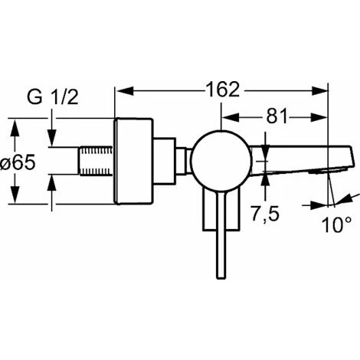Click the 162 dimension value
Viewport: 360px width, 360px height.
(223, 90)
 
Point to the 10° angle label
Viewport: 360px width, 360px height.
(336, 225)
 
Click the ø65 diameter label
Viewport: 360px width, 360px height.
(18, 162)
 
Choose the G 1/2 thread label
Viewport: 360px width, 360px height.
(53, 97)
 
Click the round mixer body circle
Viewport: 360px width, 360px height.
(221, 161)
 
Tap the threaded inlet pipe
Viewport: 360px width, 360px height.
(96, 161)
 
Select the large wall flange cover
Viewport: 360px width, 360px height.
(133, 161)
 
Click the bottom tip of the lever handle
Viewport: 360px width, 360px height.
(221, 278)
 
